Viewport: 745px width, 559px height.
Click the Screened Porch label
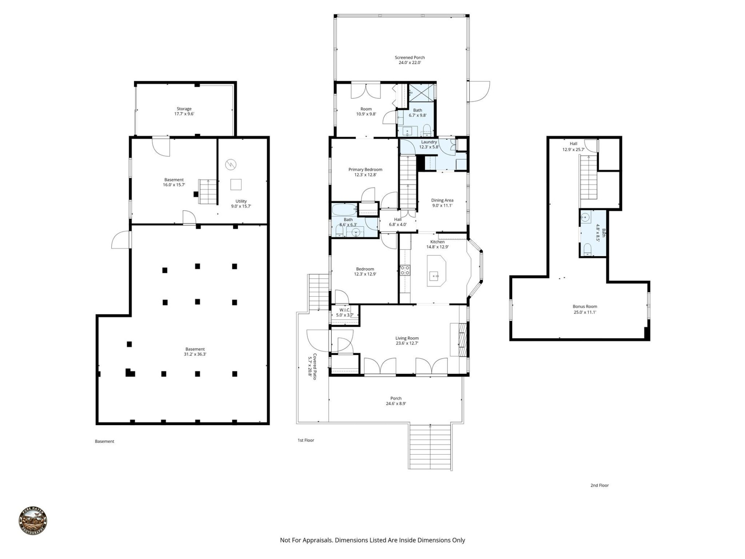coord(410,60)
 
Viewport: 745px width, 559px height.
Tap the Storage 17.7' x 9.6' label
coord(184,111)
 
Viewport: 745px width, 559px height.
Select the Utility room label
coord(241,204)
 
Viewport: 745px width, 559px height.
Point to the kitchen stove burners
coord(405,270)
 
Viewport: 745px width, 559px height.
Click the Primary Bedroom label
coord(365,172)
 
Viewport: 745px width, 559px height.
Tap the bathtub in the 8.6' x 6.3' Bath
coord(344,210)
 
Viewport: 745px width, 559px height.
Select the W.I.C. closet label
coord(345,312)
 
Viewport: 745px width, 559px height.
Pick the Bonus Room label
coord(585,309)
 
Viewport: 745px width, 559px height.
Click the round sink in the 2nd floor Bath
coord(586,218)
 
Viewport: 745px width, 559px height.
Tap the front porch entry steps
coord(430,446)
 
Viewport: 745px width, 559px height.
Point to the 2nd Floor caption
coord(599,485)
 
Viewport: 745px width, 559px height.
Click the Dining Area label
coord(442,203)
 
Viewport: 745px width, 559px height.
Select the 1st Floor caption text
coord(306,440)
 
